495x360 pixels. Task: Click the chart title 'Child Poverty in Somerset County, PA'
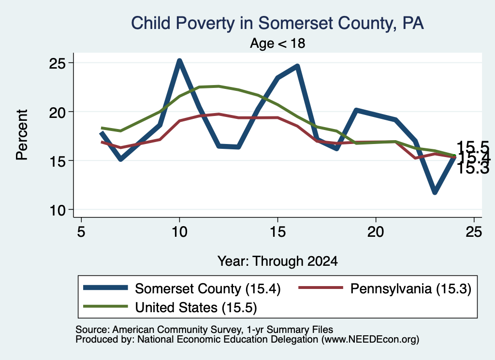click(x=277, y=23)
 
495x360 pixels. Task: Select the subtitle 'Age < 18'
click(x=277, y=43)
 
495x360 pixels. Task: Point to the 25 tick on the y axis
click(x=57, y=63)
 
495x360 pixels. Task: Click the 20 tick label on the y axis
click(x=57, y=112)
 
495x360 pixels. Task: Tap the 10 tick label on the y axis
click(x=57, y=210)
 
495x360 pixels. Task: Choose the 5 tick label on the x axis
click(x=81, y=232)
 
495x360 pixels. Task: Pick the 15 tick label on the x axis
click(x=278, y=232)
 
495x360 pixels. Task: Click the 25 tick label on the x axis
click(x=474, y=232)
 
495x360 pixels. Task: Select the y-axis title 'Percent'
click(x=22, y=135)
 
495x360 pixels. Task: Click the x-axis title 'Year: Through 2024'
click(x=277, y=261)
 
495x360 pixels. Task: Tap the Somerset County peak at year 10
click(x=180, y=61)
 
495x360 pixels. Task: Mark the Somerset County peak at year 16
click(x=297, y=66)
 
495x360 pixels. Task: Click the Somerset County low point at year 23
click(x=435, y=191)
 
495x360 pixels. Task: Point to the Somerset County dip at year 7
click(x=120, y=158)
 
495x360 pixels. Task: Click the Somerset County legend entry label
click(x=208, y=288)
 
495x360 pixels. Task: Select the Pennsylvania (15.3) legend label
click(x=411, y=288)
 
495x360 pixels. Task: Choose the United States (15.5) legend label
click(x=196, y=307)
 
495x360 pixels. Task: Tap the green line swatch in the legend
click(x=105, y=306)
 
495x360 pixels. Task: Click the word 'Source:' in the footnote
click(x=93, y=330)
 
